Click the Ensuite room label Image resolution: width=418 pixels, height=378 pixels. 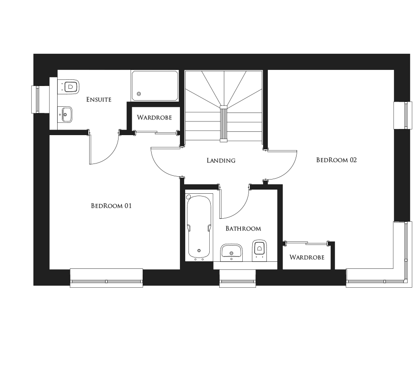tap(99, 100)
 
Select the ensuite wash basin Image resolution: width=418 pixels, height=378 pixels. tap(66, 115)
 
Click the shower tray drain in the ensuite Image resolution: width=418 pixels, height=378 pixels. tap(138, 94)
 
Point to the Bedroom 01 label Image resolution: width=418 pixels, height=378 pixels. tap(111, 206)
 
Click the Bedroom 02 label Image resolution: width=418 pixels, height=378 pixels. tap(336, 160)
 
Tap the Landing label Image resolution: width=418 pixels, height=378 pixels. tap(221, 160)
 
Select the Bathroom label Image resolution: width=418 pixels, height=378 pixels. tap(243, 228)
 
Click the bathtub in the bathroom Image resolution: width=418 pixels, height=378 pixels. tap(199, 227)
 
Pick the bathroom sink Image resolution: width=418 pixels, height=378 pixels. tap(231, 251)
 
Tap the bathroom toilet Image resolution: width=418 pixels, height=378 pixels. tap(259, 249)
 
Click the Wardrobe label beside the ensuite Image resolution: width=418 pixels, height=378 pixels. tap(154, 117)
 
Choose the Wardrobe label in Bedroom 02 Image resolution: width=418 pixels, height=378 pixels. tap(307, 257)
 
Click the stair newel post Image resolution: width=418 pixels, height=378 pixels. tap(223, 123)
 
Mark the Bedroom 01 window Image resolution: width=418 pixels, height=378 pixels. tap(106, 281)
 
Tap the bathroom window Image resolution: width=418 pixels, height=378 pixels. tap(237, 281)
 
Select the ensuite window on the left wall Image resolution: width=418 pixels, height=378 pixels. tap(36, 99)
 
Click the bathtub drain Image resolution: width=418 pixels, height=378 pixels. tap(199, 250)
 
